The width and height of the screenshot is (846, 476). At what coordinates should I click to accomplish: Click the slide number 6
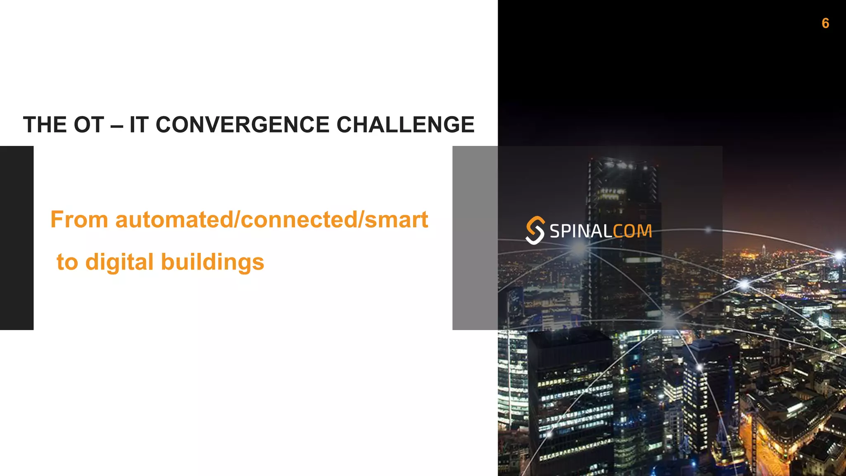pos(825,23)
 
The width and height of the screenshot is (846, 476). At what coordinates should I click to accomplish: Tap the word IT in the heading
pos(139,125)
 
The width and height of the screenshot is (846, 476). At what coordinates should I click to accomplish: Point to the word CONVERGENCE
pos(242,125)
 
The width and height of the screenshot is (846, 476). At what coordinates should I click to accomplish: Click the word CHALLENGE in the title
pos(405,125)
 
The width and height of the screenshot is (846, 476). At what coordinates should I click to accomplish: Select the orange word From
pos(79,219)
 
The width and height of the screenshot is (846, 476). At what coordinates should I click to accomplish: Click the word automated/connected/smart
pos(272,219)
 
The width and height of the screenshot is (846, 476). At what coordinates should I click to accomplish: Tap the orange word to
pos(67,262)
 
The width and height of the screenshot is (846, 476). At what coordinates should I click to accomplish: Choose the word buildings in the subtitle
pos(212,262)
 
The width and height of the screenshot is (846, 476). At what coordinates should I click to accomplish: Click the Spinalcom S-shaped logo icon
pos(535,230)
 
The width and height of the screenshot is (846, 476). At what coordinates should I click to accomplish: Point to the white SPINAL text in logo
pos(581,231)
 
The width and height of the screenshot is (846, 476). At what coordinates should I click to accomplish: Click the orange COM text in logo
pos(632,231)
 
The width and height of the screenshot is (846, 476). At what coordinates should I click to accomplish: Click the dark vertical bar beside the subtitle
pos(17,238)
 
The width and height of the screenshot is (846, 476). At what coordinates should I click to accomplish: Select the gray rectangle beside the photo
pos(475,238)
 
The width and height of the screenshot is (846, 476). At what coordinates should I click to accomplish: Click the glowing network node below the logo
pos(579,248)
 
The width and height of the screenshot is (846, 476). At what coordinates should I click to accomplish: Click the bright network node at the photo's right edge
pos(839,255)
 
